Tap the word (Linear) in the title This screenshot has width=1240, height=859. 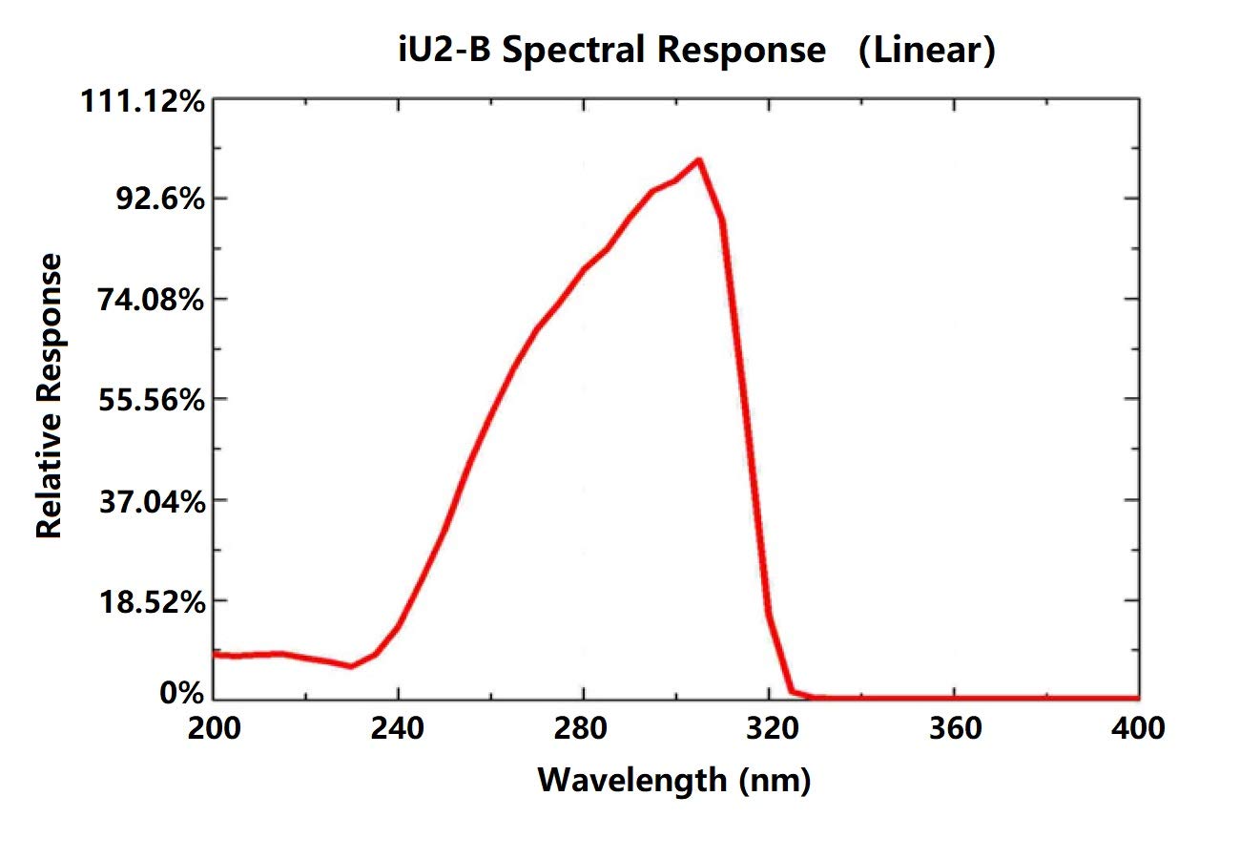[926, 50]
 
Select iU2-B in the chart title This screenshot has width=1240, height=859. [444, 50]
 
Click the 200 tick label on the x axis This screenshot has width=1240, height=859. [213, 728]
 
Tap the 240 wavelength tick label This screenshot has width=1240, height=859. [398, 728]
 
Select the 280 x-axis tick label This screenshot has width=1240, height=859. [583, 728]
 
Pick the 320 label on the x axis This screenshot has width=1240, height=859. [769, 728]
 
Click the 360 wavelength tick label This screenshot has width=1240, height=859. [954, 728]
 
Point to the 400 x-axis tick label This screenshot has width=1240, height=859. [1138, 728]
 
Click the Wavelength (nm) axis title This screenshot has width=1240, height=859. [674, 780]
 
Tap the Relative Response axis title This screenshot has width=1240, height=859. [50, 396]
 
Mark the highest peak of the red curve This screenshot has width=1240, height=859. [699, 160]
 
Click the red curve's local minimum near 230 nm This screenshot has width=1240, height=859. [351, 665]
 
